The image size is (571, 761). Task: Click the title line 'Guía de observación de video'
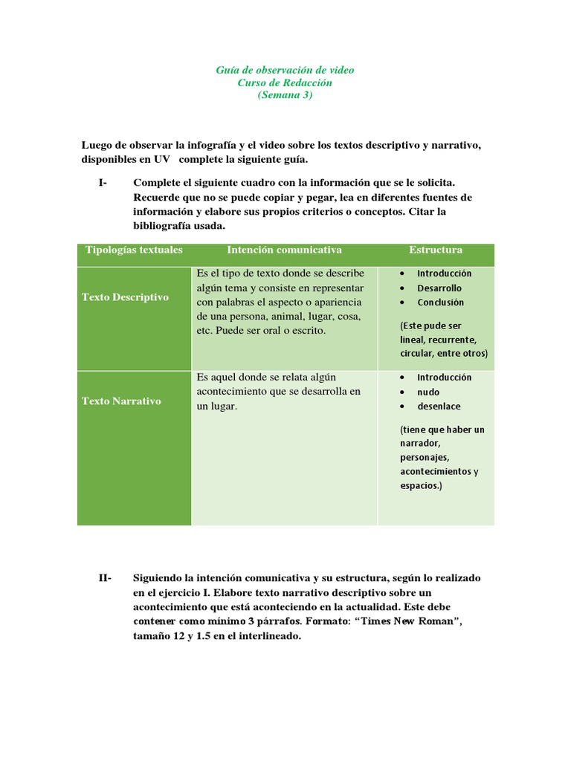[x=285, y=70]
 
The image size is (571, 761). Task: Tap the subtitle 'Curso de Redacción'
[x=285, y=82]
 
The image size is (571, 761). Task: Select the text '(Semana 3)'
[x=285, y=95]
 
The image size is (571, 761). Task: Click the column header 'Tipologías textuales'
[x=134, y=250]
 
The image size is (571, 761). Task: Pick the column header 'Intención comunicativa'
[x=284, y=250]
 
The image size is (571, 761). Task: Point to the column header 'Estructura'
[x=435, y=250]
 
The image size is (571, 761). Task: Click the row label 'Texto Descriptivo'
[x=125, y=297]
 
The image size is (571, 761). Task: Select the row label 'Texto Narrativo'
[x=121, y=401]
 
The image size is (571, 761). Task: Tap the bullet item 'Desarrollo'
[x=439, y=288]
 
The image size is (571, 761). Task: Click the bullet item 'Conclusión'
[x=440, y=302]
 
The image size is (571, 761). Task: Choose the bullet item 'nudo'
[x=428, y=392]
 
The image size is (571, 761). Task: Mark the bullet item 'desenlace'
[x=439, y=407]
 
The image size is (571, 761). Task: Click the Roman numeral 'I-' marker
[x=103, y=183]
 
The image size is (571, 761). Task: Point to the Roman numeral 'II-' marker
[x=105, y=577]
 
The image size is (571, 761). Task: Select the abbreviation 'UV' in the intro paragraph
[x=162, y=159]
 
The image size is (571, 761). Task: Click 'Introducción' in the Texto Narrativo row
[x=444, y=378]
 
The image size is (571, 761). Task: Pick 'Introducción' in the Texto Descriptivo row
[x=444, y=273]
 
